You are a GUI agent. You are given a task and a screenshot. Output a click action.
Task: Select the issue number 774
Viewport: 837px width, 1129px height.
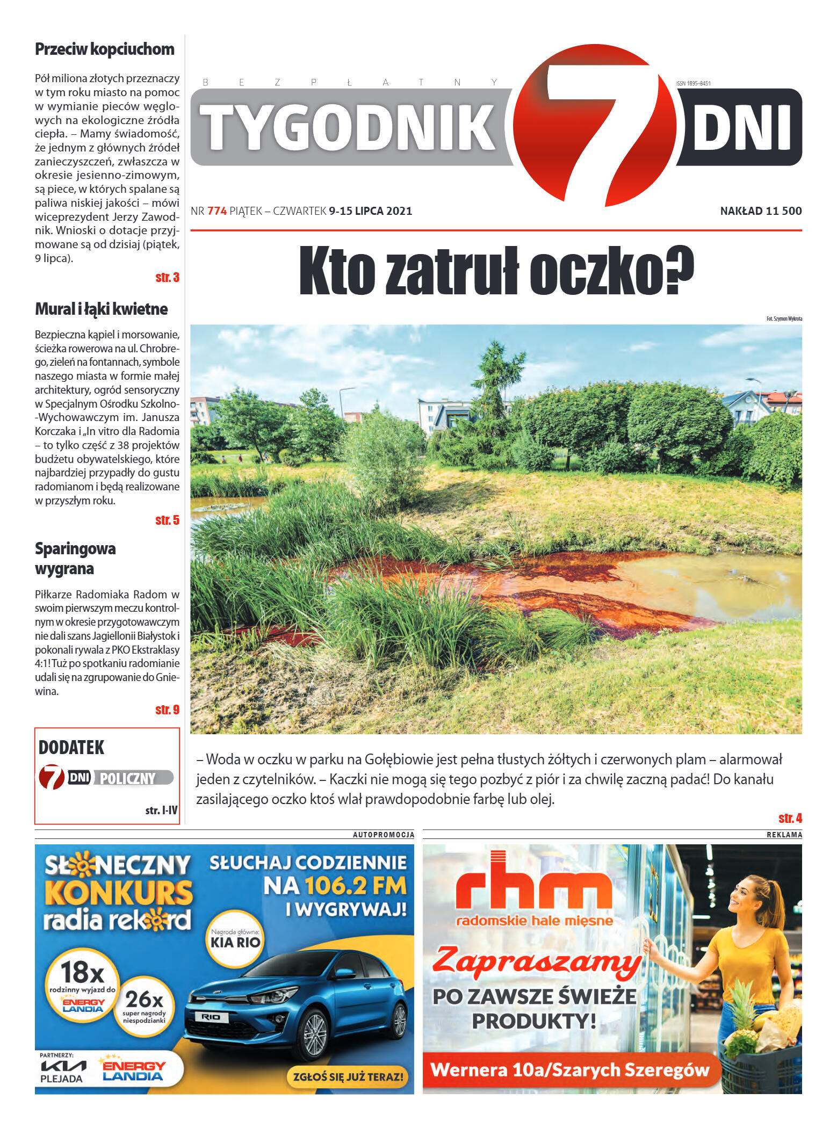(x=217, y=211)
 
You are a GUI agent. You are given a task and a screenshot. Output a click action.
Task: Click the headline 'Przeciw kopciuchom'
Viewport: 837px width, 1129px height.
(x=104, y=49)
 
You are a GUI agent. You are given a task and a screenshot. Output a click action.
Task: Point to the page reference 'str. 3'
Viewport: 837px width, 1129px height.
(x=167, y=277)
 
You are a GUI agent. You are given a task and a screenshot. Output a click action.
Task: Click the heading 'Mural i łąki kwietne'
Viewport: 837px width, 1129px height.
(x=101, y=309)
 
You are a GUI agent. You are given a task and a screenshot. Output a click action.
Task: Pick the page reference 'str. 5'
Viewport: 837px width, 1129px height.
(x=167, y=520)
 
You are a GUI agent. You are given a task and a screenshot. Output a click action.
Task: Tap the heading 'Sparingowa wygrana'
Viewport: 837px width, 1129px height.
(x=75, y=559)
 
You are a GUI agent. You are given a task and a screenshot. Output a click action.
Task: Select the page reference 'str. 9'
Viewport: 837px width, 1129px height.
(x=167, y=710)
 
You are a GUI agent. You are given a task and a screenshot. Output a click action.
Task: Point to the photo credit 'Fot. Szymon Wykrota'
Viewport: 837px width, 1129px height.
(x=784, y=319)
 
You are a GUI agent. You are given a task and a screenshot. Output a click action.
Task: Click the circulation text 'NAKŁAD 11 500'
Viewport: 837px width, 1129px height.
(x=761, y=211)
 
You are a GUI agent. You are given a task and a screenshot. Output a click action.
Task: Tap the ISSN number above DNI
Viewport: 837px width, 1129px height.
(x=693, y=83)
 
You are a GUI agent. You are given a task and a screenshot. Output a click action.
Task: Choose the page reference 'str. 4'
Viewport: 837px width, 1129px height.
(x=790, y=818)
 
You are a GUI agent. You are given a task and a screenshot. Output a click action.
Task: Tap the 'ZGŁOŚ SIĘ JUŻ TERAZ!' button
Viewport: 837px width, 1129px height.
(x=348, y=1076)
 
